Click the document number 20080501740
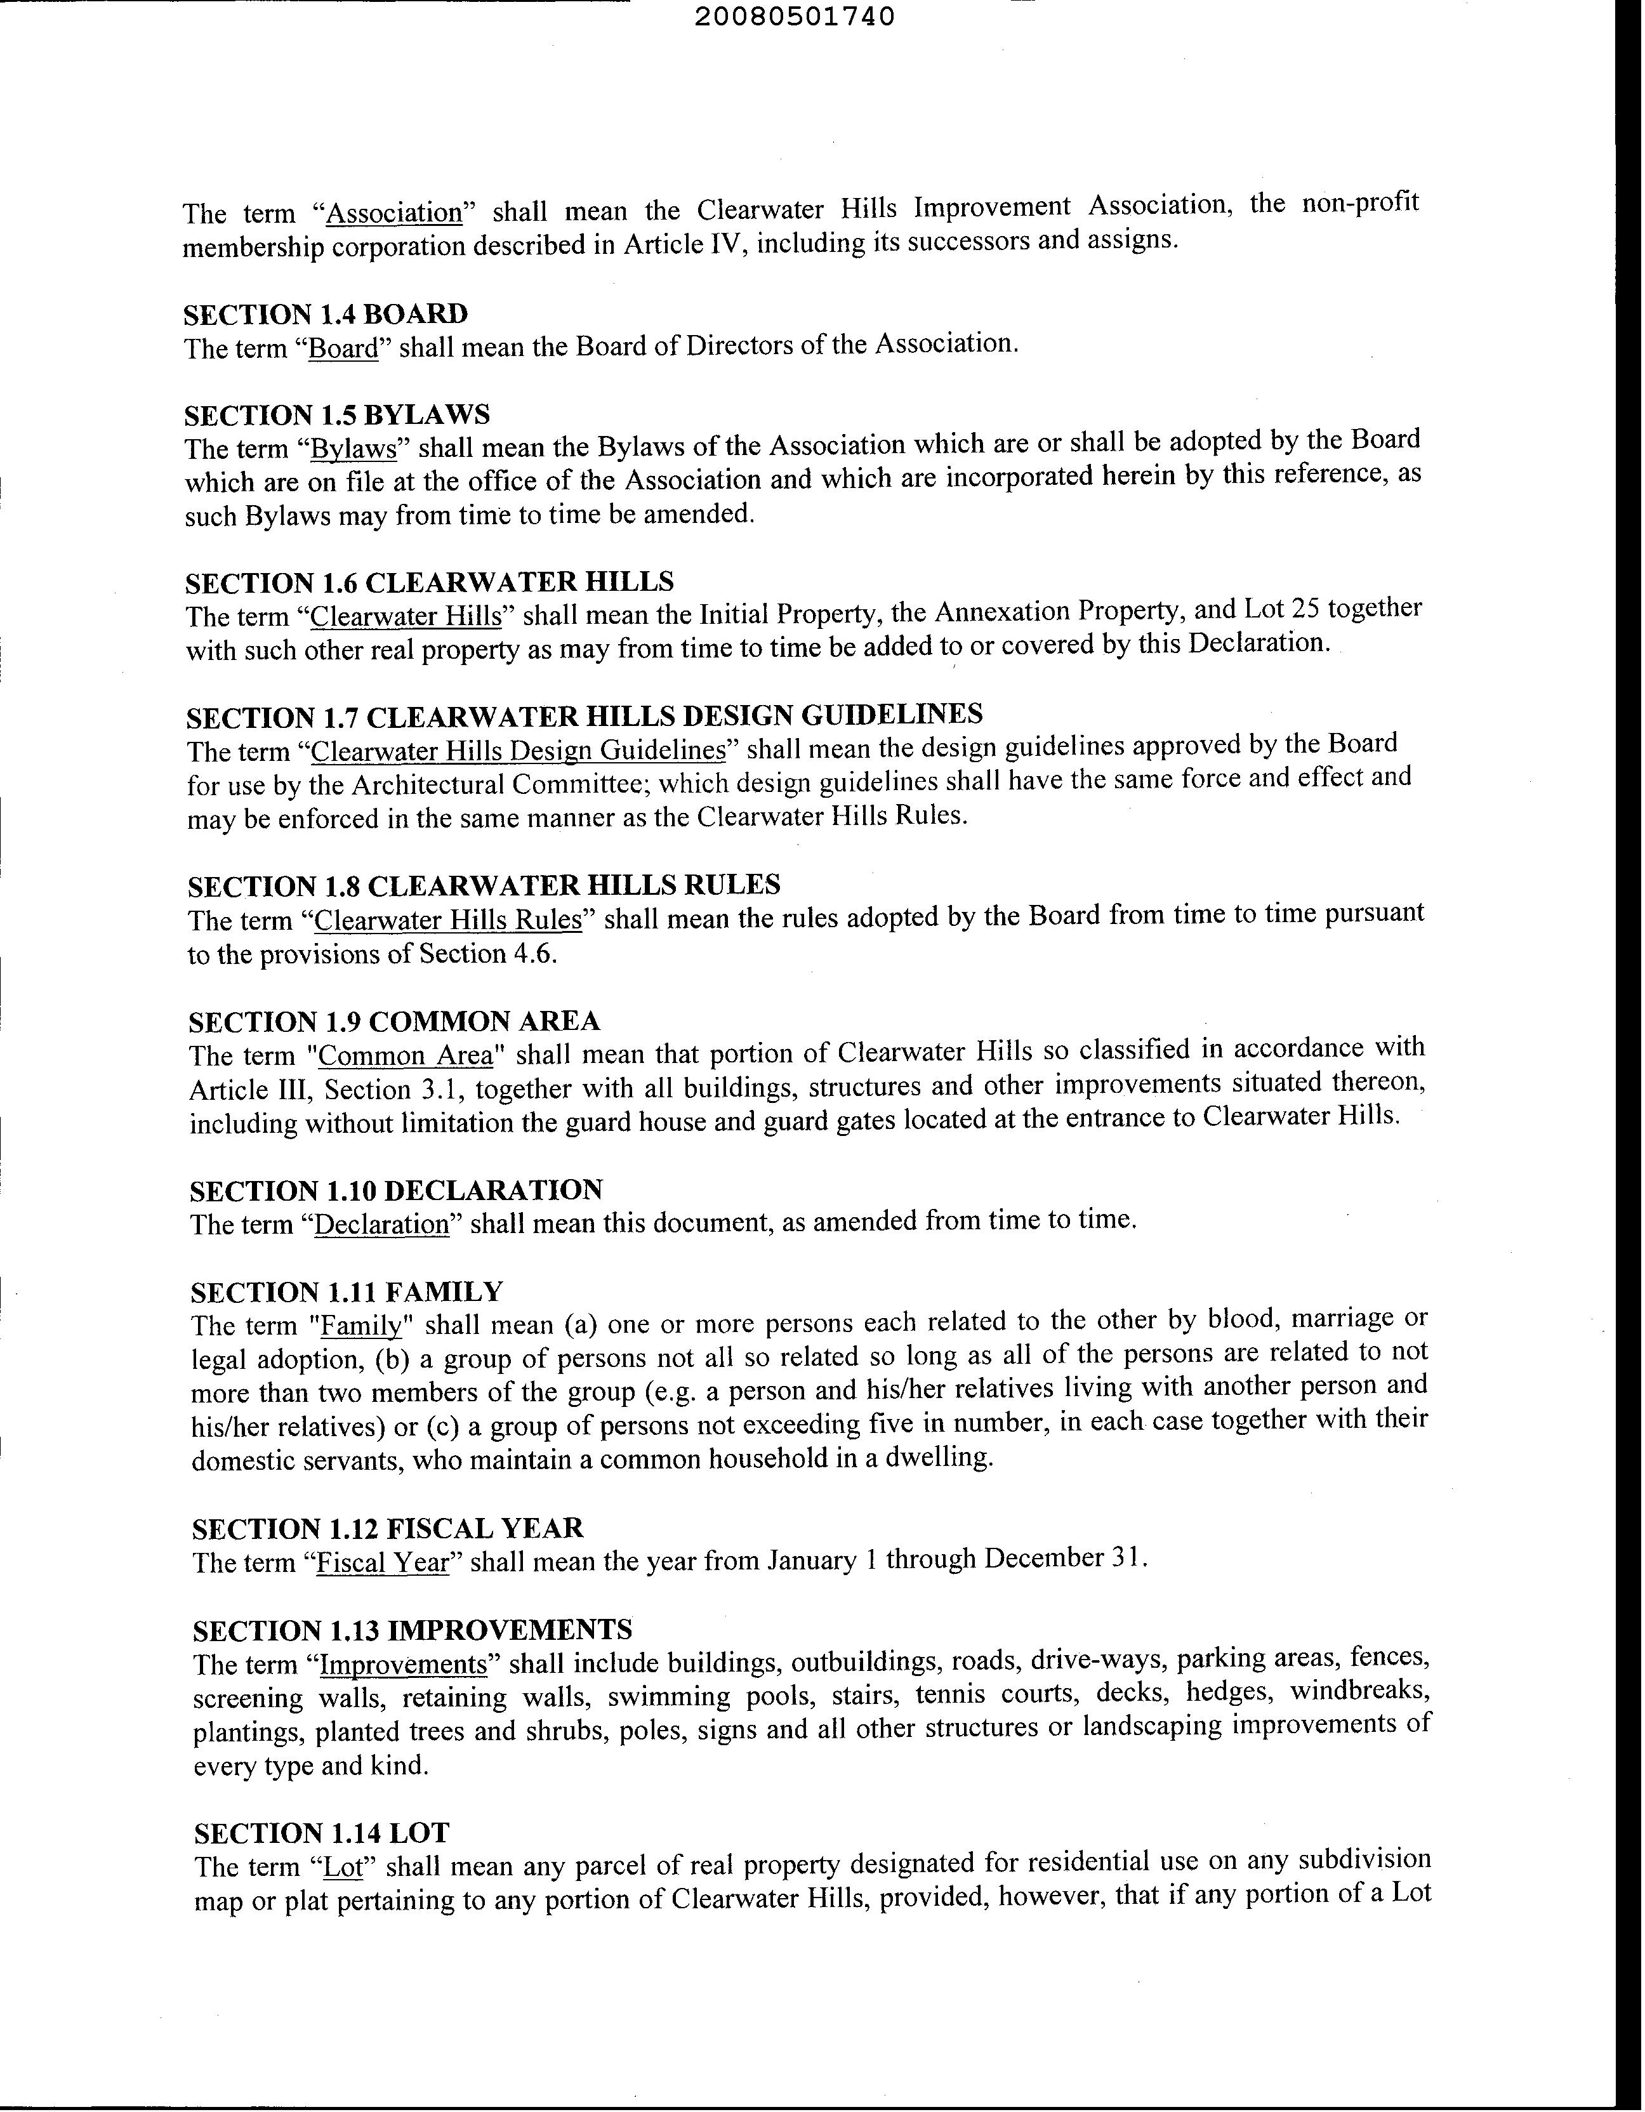[x=795, y=17]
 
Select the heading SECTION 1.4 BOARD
[x=326, y=314]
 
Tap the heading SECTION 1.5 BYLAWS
[x=336, y=415]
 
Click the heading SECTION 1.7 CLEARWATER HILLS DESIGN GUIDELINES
[x=584, y=716]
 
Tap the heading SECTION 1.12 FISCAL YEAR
[x=388, y=1528]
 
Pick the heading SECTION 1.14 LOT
[x=322, y=1833]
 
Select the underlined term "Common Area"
[x=406, y=1056]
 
